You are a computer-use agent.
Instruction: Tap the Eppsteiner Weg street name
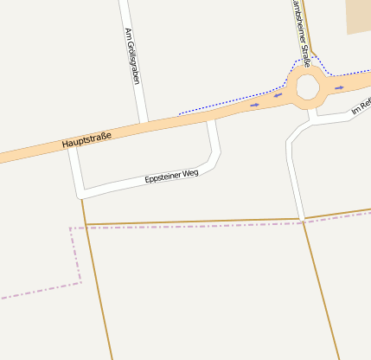click(x=172, y=177)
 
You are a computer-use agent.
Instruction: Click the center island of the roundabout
click(x=308, y=87)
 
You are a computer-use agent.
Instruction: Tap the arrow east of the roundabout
click(x=340, y=87)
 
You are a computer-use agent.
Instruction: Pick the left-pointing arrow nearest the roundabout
click(x=278, y=95)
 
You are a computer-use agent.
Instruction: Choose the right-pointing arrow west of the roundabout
click(x=254, y=105)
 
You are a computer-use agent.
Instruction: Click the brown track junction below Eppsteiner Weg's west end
click(x=85, y=224)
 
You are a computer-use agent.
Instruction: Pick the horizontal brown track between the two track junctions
click(x=195, y=222)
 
